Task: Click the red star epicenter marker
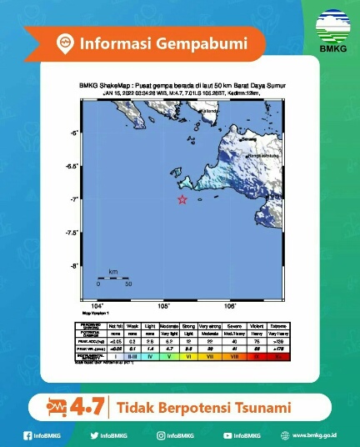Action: click(182, 199)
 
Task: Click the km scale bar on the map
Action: click(112, 277)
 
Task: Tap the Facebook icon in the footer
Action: click(27, 435)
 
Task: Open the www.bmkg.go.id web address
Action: click(313, 435)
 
